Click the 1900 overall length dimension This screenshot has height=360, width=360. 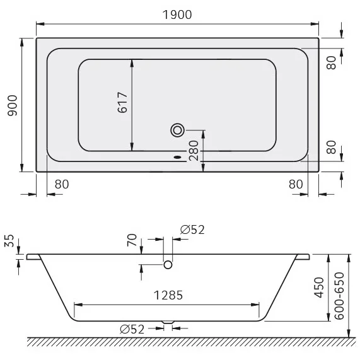click(177, 15)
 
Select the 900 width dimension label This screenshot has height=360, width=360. click(13, 105)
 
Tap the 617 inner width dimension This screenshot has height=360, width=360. click(122, 102)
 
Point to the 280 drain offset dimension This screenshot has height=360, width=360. click(194, 151)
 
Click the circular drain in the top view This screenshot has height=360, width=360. click(177, 130)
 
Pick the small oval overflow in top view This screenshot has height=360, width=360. click(177, 157)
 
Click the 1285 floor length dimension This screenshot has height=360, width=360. click(168, 295)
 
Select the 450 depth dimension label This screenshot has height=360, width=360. click(319, 287)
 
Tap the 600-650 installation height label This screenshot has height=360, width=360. click(339, 296)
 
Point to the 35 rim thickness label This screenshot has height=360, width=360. click(9, 241)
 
